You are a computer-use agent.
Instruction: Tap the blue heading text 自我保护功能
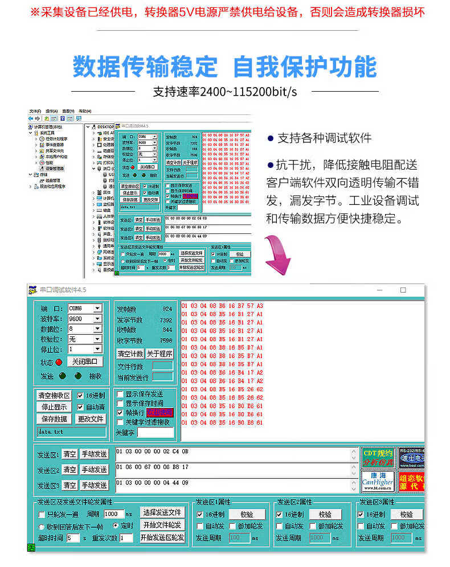pyautogui.click(x=305, y=67)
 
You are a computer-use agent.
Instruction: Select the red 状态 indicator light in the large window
pyautogui.click(x=59, y=362)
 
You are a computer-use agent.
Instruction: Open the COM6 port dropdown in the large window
pyautogui.click(x=97, y=309)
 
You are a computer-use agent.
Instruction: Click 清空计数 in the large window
pyautogui.click(x=130, y=354)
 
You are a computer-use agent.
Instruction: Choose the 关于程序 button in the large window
pyautogui.click(x=159, y=354)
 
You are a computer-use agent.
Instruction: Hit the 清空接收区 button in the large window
pyautogui.click(x=54, y=395)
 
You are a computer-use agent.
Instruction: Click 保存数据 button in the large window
pyautogui.click(x=54, y=418)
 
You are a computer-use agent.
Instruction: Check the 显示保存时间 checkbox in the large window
pyautogui.click(x=120, y=404)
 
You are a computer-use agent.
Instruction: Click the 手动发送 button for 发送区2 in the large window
pyautogui.click(x=94, y=470)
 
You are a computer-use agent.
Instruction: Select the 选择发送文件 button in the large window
pyautogui.click(x=162, y=512)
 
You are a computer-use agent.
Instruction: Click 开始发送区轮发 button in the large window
pyautogui.click(x=162, y=537)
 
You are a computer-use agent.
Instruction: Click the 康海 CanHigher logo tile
pyautogui.click(x=378, y=481)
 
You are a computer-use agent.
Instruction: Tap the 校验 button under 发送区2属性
pyautogui.click(x=329, y=514)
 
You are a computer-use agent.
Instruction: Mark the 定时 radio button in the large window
pyautogui.click(x=116, y=525)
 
